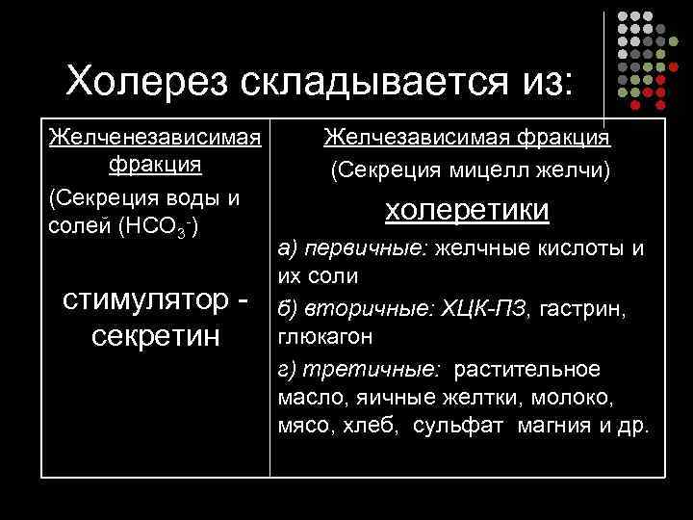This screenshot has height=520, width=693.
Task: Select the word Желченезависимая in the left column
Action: click(x=155, y=138)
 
